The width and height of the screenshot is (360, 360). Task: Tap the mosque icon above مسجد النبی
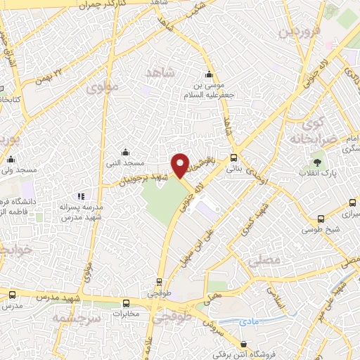(125, 152)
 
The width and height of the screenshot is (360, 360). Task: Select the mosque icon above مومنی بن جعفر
(208, 76)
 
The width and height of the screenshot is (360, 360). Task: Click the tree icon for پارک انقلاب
(319, 162)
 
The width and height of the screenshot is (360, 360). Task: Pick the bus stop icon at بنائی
(233, 158)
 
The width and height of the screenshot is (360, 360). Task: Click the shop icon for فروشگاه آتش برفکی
(243, 345)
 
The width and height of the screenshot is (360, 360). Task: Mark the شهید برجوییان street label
(144, 175)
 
